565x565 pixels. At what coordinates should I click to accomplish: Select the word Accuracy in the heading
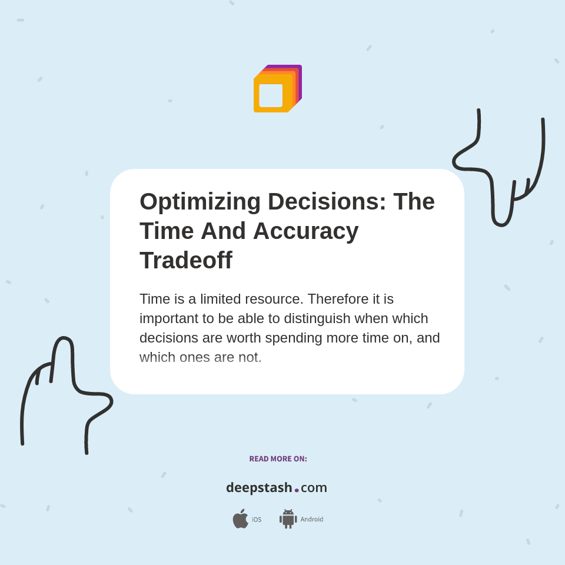click(x=305, y=231)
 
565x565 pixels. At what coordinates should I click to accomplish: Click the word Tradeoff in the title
click(x=186, y=260)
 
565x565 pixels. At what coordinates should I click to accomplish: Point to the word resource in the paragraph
click(x=273, y=299)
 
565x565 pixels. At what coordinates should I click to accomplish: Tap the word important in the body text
click(x=167, y=318)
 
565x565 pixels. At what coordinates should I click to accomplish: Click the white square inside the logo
click(x=271, y=95)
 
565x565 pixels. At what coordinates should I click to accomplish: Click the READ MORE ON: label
click(x=278, y=459)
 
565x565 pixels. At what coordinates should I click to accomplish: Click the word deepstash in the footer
click(x=259, y=488)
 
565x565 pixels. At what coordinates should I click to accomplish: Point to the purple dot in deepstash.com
click(x=297, y=490)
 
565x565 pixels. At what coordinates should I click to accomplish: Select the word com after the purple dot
click(x=314, y=488)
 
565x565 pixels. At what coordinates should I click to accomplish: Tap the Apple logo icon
click(x=240, y=519)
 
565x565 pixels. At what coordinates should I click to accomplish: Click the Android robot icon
click(x=288, y=519)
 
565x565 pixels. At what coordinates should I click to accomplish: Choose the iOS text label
click(x=257, y=520)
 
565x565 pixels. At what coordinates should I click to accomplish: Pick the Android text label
click(x=311, y=519)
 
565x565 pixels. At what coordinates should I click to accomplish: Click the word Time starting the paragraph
click(x=155, y=299)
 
